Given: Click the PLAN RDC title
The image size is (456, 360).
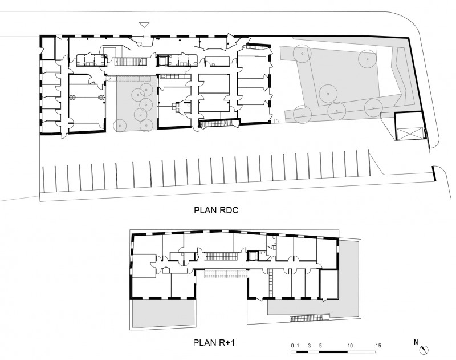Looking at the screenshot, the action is [216, 210].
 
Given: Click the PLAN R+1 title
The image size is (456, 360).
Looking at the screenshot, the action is [214, 342].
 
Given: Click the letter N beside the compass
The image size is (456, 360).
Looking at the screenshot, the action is [416, 342].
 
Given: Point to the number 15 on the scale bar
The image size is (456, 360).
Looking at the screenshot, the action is [378, 346].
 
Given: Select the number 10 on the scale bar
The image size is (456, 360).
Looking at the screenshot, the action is [350, 346].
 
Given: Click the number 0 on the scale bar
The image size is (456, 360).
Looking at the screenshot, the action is [292, 346].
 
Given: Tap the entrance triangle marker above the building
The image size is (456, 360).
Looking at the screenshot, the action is [144, 25].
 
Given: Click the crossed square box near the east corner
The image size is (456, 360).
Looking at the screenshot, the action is [409, 134].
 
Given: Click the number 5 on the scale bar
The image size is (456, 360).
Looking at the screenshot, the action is [320, 346].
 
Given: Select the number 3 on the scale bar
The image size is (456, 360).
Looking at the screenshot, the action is [309, 346].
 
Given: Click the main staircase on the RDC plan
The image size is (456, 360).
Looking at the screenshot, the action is [131, 62].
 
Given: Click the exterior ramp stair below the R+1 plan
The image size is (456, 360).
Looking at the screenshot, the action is [309, 318].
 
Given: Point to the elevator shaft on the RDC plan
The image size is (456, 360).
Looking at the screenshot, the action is [161, 60].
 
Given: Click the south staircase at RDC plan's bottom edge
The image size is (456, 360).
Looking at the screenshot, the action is [219, 123].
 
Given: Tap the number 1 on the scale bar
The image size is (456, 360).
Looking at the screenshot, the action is [298, 346].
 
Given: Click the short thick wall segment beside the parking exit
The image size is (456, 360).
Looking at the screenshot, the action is [434, 173].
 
